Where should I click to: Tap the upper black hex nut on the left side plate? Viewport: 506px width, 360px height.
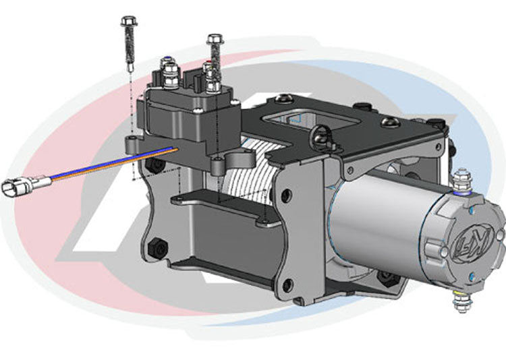(157, 165)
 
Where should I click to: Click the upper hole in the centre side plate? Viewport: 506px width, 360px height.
(287, 196)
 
